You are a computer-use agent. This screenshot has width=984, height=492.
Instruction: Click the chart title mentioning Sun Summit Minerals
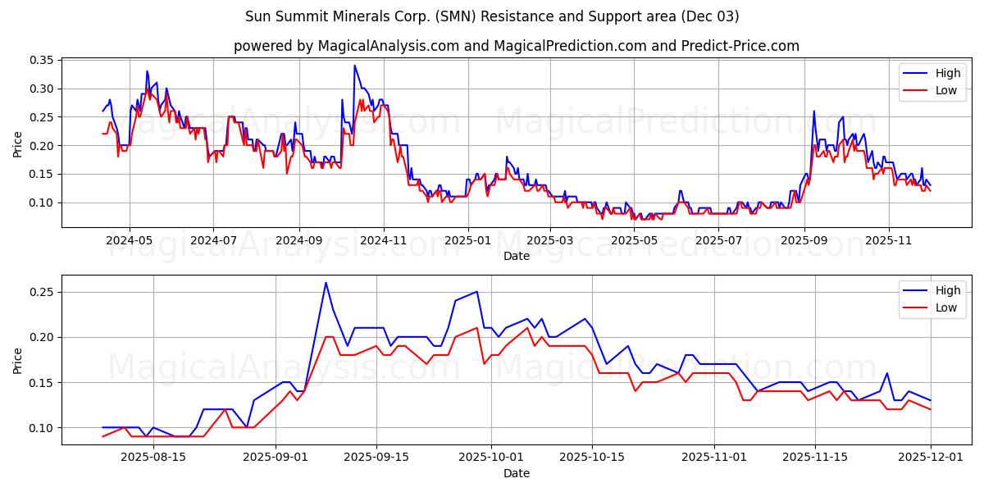492,16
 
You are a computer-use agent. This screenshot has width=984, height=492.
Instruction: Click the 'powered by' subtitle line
517,46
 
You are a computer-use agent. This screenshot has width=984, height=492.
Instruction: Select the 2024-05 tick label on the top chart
130,241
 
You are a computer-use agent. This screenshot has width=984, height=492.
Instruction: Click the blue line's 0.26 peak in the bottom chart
326,283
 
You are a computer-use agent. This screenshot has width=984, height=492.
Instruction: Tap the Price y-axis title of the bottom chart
17,360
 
